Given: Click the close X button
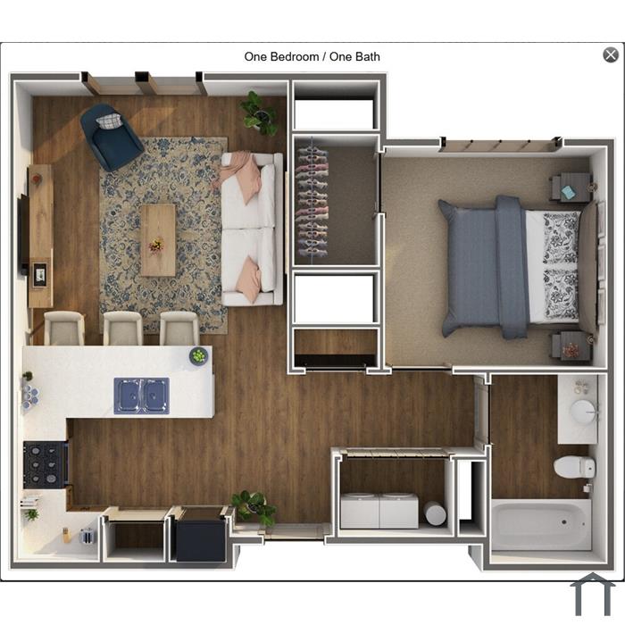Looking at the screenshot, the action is tap(610, 54).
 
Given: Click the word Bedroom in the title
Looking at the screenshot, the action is tap(295, 56).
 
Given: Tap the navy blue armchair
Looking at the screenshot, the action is tap(111, 137).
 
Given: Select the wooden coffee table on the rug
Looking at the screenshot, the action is tap(158, 240).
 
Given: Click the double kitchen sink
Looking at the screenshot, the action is tap(141, 396).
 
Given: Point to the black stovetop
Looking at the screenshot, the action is tap(45, 464).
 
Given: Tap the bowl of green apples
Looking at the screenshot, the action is tap(198, 355).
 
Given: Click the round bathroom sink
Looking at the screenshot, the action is tap(584, 411).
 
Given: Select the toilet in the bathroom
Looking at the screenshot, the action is tap(574, 467).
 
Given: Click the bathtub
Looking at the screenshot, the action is tap(541, 525).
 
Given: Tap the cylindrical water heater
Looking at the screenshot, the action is tap(435, 513).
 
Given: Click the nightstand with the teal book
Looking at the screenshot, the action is tap(571, 188).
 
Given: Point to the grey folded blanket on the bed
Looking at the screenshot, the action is tap(511, 266).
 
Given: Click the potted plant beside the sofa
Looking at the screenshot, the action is tap(260, 112).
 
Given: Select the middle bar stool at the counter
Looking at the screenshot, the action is tap(123, 328).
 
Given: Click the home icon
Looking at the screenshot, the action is tap(593, 596).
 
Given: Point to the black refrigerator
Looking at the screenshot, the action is tap(201, 536).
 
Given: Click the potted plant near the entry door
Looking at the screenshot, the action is tap(255, 507).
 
